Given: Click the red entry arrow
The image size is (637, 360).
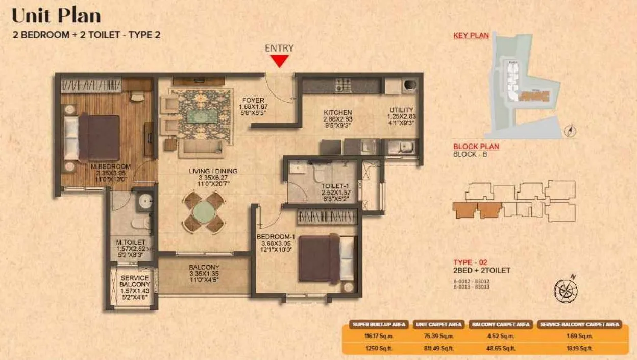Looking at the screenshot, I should pyautogui.click(x=279, y=61).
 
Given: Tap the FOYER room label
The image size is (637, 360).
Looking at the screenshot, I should pyautogui.click(x=253, y=100).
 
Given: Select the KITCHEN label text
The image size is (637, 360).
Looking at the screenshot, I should pyautogui.click(x=338, y=113).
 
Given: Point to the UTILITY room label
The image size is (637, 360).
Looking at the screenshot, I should pyautogui.click(x=402, y=110).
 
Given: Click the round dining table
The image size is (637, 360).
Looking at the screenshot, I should pyautogui.click(x=204, y=211).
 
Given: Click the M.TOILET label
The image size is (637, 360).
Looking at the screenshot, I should pyautogui.click(x=130, y=242).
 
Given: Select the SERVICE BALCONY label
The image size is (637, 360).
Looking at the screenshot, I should pyautogui.click(x=135, y=281).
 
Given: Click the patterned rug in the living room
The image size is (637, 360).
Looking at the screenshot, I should pyautogui.click(x=201, y=116).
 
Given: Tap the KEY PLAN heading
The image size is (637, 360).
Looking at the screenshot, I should pyautogui.click(x=471, y=36).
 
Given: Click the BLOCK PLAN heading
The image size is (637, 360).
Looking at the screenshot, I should pyautogui.click(x=476, y=147).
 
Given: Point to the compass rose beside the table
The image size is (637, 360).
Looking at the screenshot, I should pyautogui.click(x=565, y=289).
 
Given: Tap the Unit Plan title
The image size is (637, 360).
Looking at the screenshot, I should pyautogui.click(x=56, y=16).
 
